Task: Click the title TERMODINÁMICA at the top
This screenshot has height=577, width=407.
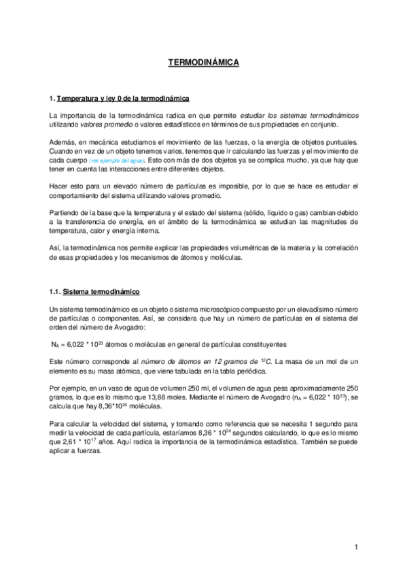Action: pos(203,62)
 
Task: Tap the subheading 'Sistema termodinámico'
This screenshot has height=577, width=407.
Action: pos(101,293)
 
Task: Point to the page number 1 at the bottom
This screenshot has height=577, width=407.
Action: pos(355,547)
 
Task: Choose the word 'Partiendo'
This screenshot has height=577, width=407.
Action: pos(65,212)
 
